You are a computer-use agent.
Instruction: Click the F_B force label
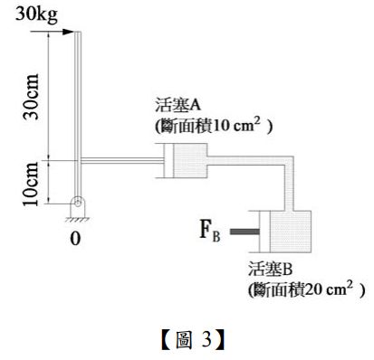(209, 231)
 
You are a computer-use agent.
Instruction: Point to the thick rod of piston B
(242, 232)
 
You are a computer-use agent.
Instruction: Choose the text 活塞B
(271, 270)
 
